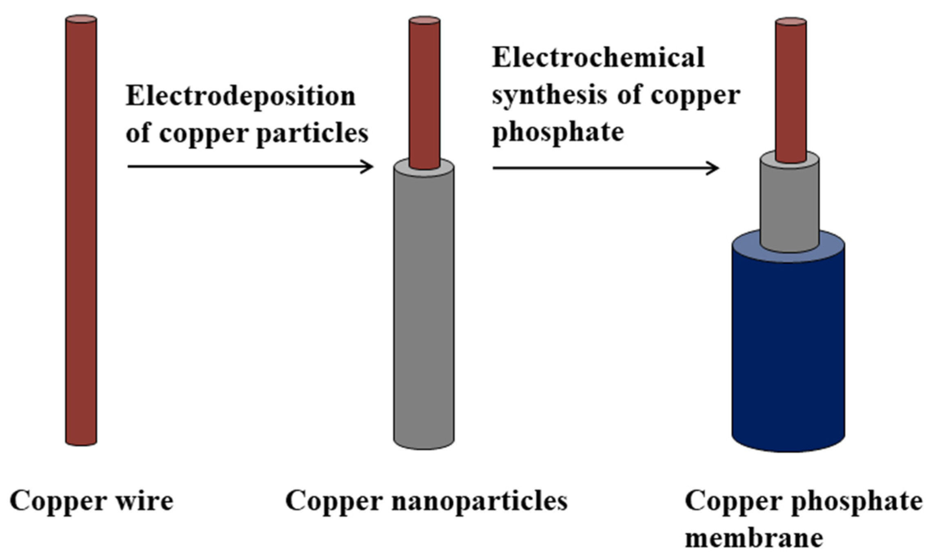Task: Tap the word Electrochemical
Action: click(x=598, y=58)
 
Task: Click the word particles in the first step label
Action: click(x=312, y=134)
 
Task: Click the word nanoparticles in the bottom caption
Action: click(x=479, y=501)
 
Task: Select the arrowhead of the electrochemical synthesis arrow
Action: click(x=714, y=168)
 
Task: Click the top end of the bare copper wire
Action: click(x=81, y=19)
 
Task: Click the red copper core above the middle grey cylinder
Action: click(x=424, y=90)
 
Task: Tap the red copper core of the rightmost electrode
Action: click(x=791, y=90)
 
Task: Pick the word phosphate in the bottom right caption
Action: click(x=857, y=501)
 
